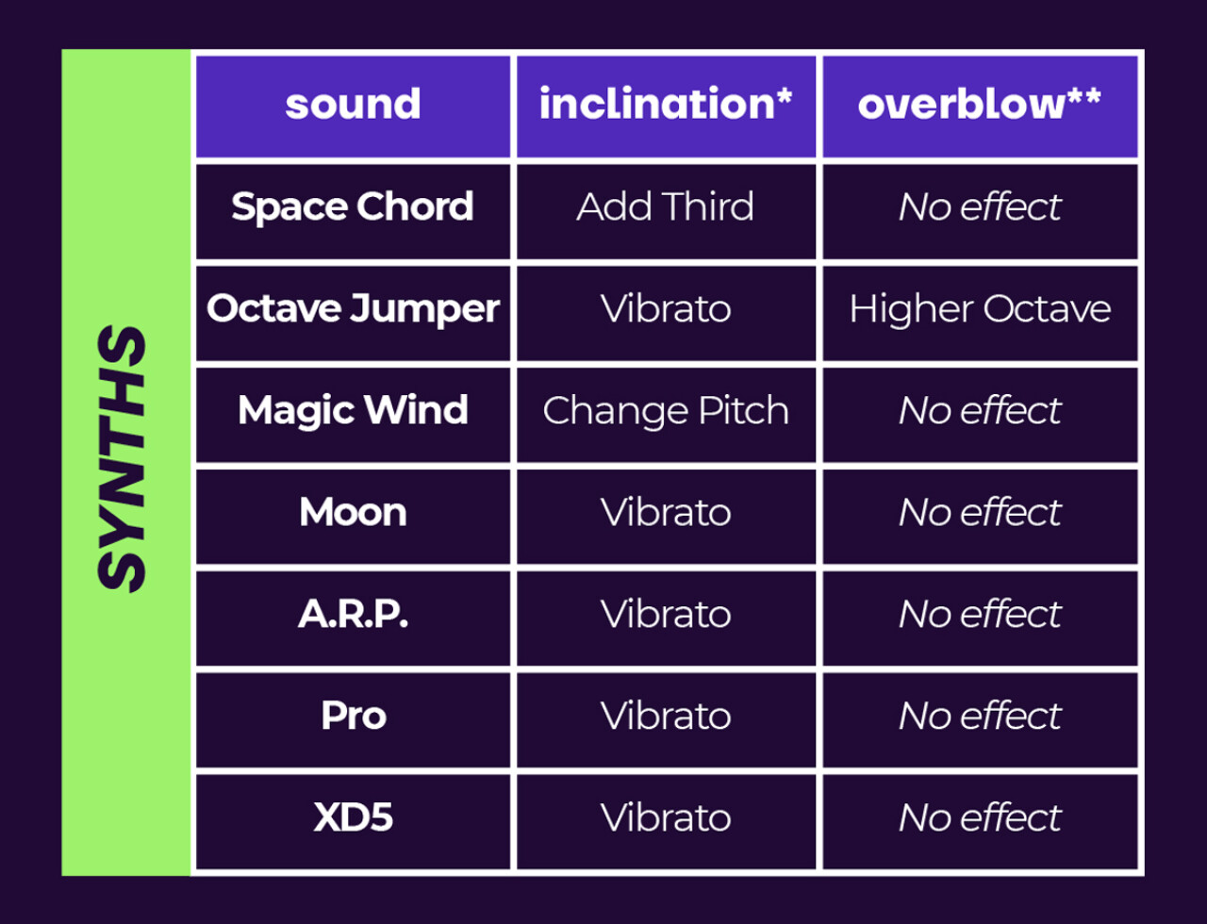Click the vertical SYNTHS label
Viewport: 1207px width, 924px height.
(x=121, y=459)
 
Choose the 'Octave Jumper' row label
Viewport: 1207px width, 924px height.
(x=353, y=308)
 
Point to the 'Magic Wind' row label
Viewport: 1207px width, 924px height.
(x=353, y=411)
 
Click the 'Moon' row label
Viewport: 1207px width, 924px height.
(x=353, y=512)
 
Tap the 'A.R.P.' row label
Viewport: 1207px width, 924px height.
(x=353, y=614)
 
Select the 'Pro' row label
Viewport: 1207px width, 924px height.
(x=354, y=716)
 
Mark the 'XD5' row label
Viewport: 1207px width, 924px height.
(x=353, y=817)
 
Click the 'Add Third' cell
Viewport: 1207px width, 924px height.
(x=666, y=206)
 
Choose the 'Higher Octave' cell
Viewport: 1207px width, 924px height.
(x=980, y=309)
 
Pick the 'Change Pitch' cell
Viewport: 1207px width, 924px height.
(x=666, y=411)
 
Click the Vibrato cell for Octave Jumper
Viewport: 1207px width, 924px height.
(x=666, y=308)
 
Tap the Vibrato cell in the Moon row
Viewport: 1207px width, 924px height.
(x=666, y=512)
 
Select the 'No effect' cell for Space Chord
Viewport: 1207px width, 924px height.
(x=980, y=206)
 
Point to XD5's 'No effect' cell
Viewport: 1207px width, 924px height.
(x=980, y=817)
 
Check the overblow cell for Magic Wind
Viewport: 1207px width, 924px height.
(x=980, y=410)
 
